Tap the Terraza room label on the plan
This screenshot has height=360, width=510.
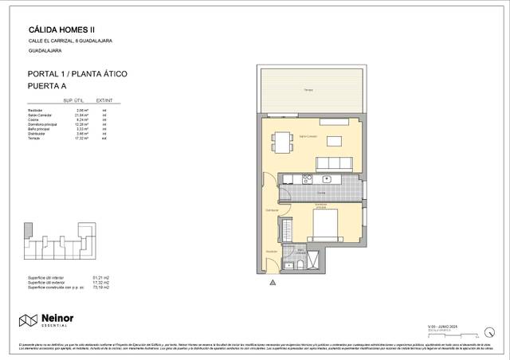tap(308, 91)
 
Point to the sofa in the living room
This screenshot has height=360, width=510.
tap(334, 162)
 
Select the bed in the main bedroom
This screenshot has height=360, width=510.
tap(328, 225)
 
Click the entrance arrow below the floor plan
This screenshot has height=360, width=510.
tap(273, 281)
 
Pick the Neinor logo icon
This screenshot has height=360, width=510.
tap(29, 320)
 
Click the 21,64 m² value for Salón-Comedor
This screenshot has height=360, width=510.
tap(80, 115)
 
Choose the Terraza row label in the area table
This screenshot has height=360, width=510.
tap(34, 138)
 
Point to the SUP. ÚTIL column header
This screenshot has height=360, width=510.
tap(63, 101)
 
